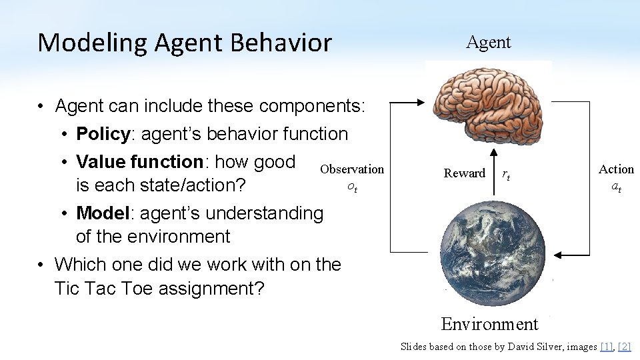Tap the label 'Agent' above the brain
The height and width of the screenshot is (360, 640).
488,43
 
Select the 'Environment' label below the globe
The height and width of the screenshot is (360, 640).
489,324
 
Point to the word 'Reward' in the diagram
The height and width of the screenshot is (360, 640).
465,173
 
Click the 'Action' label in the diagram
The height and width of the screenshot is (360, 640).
616,169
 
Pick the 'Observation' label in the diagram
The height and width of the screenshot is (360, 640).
352,169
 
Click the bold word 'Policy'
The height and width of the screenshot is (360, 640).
103,134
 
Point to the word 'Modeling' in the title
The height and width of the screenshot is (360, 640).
93,43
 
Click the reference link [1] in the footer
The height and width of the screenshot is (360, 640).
606,346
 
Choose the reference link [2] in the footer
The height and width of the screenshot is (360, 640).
624,346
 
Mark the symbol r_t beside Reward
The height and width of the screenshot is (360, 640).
506,175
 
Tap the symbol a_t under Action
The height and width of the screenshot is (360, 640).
616,187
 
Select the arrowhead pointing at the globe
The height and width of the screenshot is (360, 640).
561,255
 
